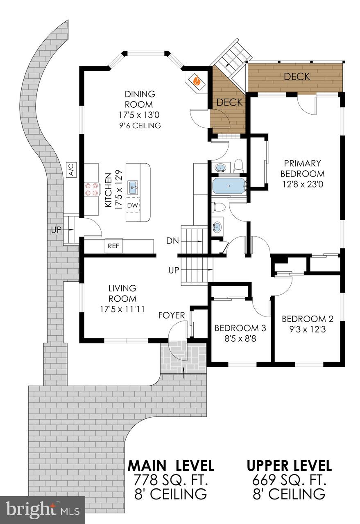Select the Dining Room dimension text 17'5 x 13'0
tap(139, 115)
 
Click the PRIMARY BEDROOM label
tap(303, 168)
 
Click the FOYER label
tap(172, 315)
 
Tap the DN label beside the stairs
tap(172, 241)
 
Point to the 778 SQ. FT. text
tap(170, 479)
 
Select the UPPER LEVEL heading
tap(289, 465)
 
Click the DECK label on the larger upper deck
tap(297, 77)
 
